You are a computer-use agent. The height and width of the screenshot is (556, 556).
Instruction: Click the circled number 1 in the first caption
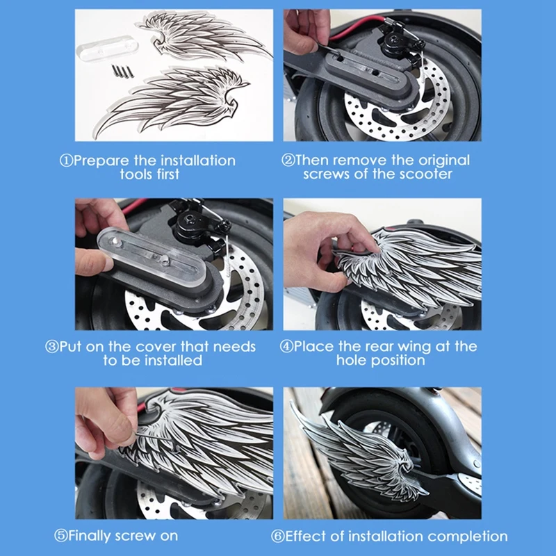pyautogui.click(x=66, y=161)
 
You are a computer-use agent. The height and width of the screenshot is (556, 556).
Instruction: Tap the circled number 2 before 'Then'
pyautogui.click(x=288, y=161)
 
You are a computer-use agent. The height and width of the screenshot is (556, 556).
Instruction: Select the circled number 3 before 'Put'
pyautogui.click(x=51, y=347)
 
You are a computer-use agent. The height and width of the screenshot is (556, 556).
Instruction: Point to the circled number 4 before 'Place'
pyautogui.click(x=286, y=346)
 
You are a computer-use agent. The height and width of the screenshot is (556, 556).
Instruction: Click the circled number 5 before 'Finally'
pyautogui.click(x=60, y=536)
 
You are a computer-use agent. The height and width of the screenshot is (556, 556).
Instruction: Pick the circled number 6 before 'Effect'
pyautogui.click(x=277, y=536)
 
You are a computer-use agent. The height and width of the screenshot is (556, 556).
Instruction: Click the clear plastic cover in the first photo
pyautogui.click(x=107, y=49)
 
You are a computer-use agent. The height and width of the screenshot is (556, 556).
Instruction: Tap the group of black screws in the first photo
pyautogui.click(x=123, y=71)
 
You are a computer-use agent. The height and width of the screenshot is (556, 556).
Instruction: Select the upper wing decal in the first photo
pyautogui.click(x=203, y=35)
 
